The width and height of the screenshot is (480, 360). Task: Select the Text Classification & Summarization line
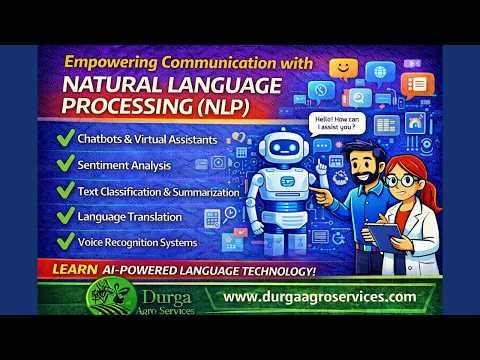click(x=158, y=190)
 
